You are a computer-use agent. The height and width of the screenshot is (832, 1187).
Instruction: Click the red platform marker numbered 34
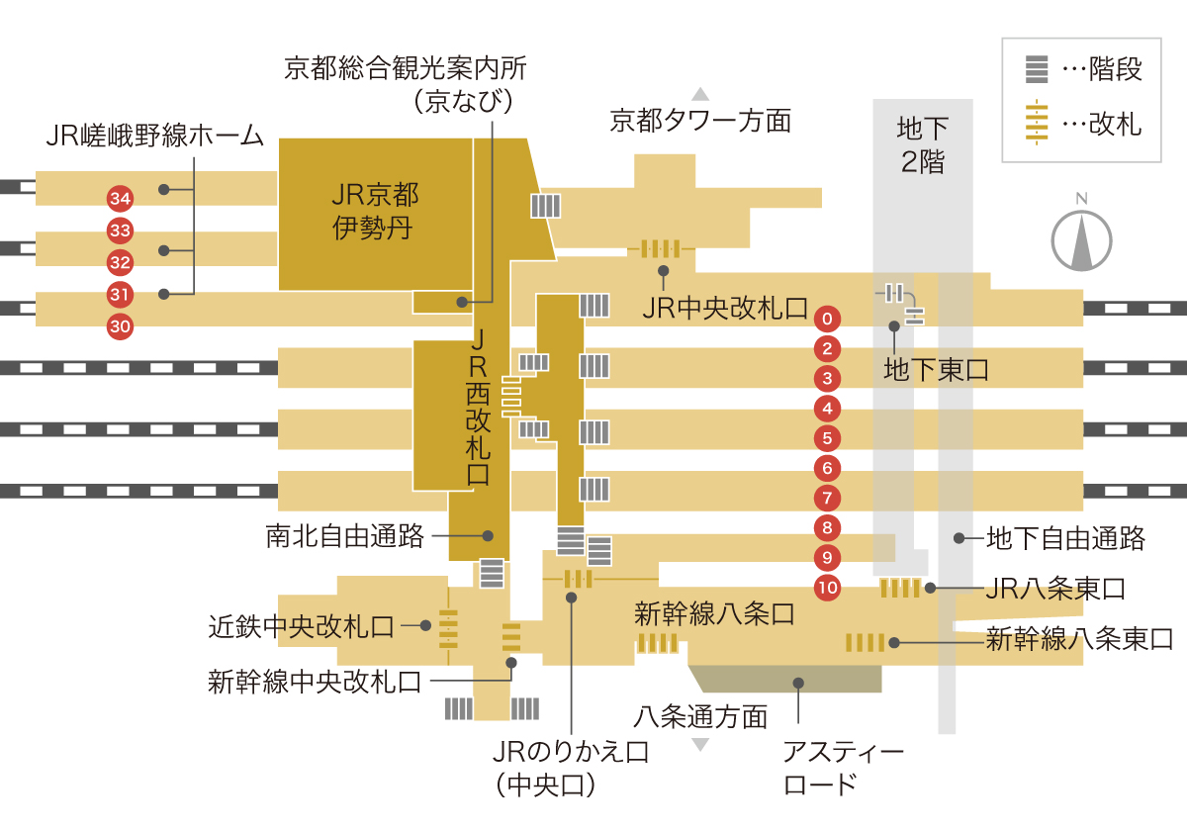(x=120, y=199)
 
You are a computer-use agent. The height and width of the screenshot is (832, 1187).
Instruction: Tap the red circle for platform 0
(x=827, y=319)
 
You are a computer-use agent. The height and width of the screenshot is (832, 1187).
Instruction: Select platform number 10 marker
(x=827, y=588)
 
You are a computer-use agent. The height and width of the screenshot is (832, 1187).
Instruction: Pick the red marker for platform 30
(x=120, y=326)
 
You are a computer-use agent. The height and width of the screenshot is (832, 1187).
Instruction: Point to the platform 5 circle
(x=827, y=438)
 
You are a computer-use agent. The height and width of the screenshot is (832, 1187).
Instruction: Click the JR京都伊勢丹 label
(x=375, y=212)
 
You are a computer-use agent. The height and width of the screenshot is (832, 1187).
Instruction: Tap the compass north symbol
(x=1081, y=234)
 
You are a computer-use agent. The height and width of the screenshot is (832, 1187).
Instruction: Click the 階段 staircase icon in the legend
(x=1037, y=69)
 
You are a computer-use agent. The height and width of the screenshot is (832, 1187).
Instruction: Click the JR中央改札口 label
(x=725, y=308)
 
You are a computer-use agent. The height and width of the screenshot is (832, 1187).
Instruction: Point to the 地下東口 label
(x=936, y=369)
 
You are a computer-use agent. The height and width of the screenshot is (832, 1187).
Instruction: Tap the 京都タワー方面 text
(x=700, y=121)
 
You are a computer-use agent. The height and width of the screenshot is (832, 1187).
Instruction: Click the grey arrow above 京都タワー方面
(x=700, y=94)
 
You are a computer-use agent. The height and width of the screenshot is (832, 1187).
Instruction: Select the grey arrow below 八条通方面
(x=700, y=745)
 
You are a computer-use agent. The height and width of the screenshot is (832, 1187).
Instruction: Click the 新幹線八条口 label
(x=714, y=614)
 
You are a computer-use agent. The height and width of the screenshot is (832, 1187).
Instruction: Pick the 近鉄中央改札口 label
(x=301, y=627)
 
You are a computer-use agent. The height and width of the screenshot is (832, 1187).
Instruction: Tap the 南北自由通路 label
(x=345, y=536)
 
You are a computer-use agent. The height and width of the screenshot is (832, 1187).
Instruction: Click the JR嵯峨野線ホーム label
(x=154, y=136)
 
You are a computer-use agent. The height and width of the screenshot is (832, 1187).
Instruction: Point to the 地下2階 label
(x=923, y=144)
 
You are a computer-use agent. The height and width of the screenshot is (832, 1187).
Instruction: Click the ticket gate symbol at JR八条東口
(x=900, y=589)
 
